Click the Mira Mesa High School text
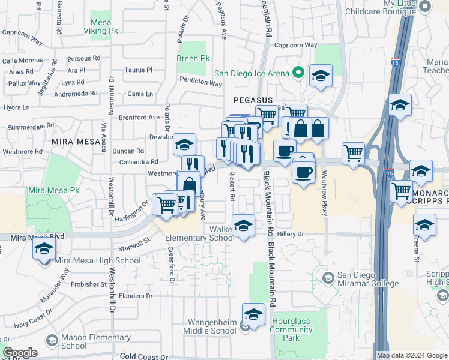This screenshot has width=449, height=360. click(97, 260)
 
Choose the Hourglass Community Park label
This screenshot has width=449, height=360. click(291, 325)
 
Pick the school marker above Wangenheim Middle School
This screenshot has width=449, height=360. click(253, 314)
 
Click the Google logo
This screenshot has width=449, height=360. click(20, 353)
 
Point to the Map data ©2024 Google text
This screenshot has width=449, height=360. click(412, 355)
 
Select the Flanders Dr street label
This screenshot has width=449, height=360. click(136, 296)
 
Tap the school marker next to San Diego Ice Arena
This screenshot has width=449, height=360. click(321, 76)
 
